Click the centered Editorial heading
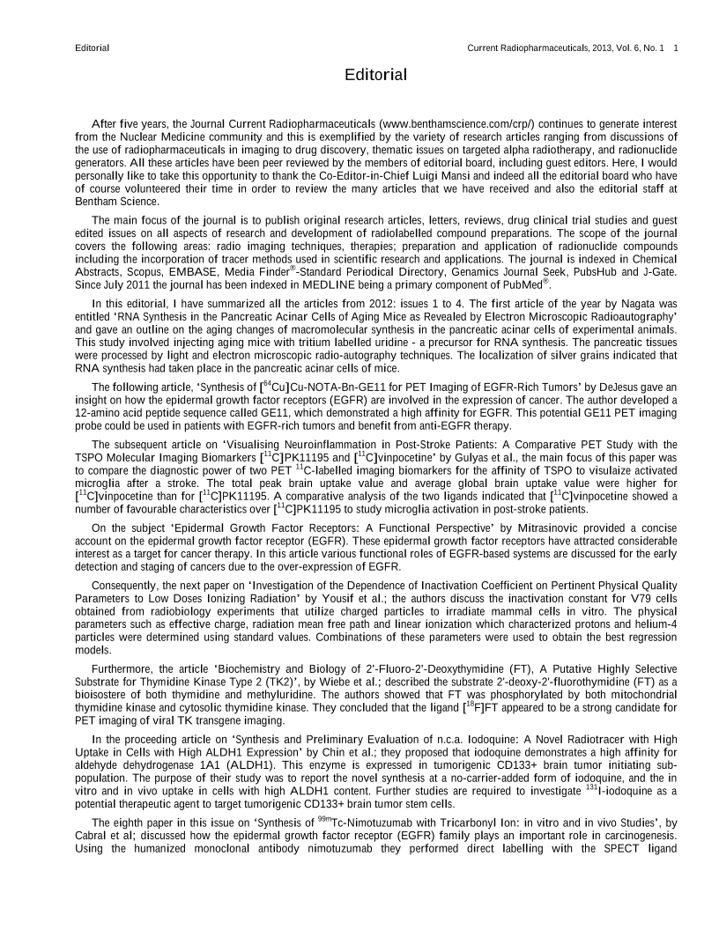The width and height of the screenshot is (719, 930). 376,75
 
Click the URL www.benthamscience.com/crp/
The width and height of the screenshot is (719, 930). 453,124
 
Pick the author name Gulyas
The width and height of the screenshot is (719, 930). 422,458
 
